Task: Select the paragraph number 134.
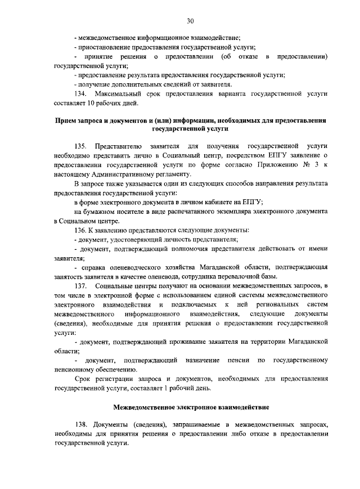[82, 93]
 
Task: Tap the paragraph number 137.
[82, 286]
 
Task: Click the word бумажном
[101, 210]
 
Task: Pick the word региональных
[269, 304]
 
